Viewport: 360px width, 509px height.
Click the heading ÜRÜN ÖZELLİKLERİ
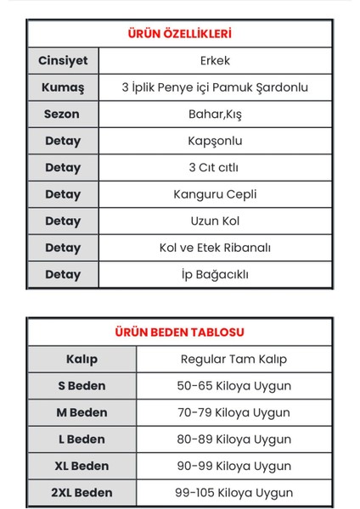(x=179, y=34)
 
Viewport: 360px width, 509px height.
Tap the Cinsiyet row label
(x=62, y=61)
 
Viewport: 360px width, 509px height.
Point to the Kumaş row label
(x=62, y=87)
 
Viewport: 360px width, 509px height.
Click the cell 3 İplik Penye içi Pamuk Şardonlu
(x=215, y=87)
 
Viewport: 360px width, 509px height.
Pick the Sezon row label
(x=62, y=114)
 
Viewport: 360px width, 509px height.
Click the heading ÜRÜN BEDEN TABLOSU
(x=179, y=332)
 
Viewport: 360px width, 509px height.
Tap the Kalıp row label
(x=82, y=359)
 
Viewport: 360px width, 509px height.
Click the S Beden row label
(x=82, y=386)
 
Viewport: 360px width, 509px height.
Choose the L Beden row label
(x=82, y=439)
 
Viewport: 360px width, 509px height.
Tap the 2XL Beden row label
(x=82, y=493)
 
